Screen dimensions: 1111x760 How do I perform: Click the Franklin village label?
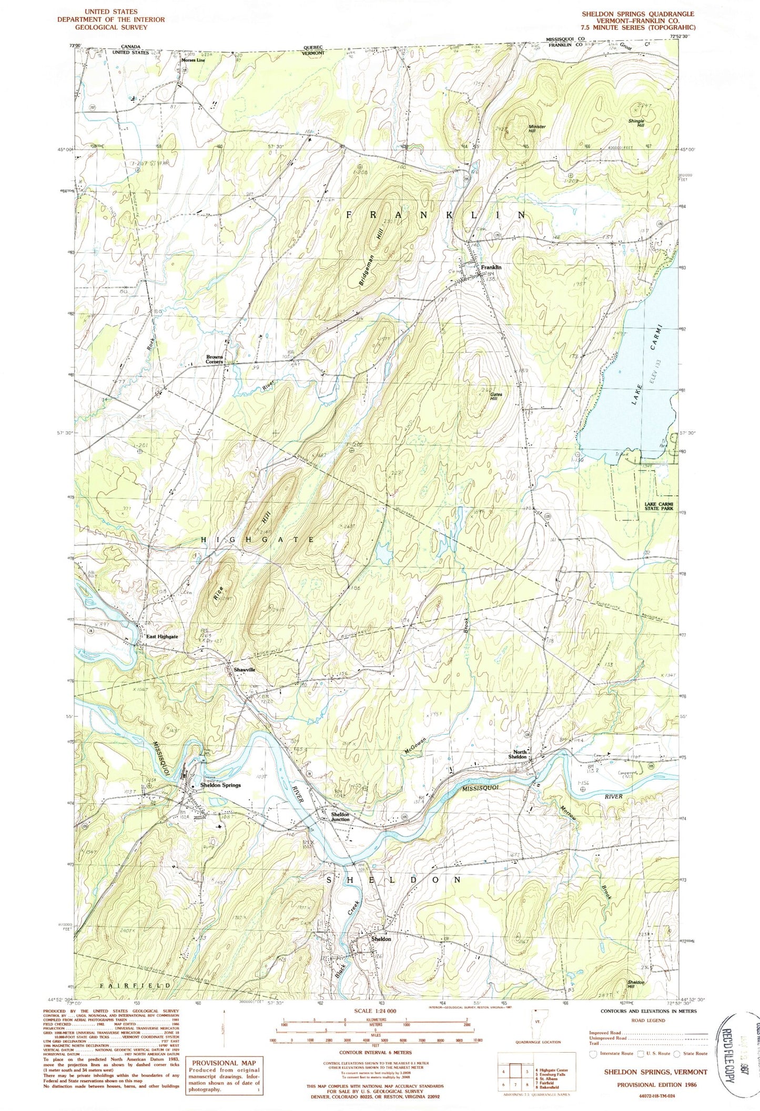pyautogui.click(x=491, y=268)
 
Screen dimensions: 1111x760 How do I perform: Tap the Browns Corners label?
pyautogui.click(x=215, y=359)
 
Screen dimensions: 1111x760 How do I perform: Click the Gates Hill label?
pyautogui.click(x=496, y=396)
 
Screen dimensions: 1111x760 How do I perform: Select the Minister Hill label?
pyautogui.click(x=537, y=129)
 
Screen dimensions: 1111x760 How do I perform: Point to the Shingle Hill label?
pyautogui.click(x=636, y=123)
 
